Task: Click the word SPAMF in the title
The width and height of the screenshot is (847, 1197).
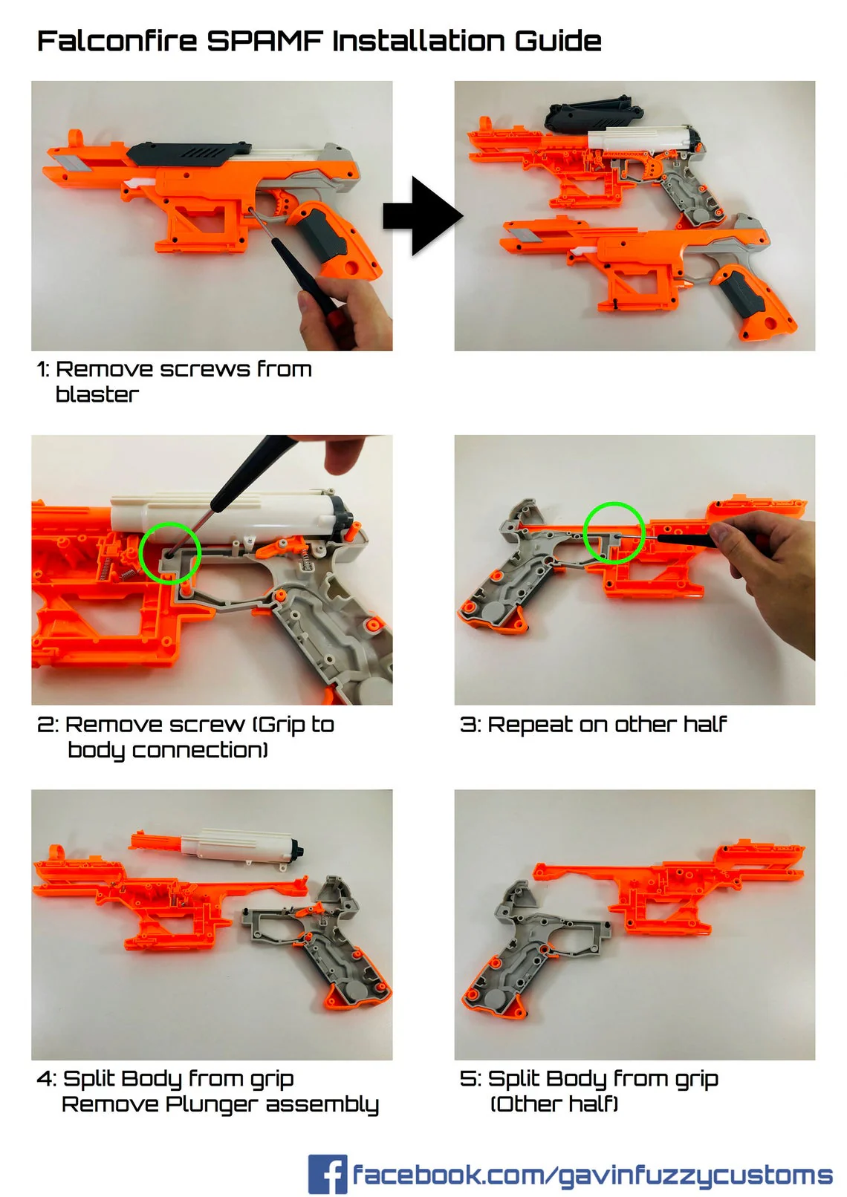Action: tap(265, 41)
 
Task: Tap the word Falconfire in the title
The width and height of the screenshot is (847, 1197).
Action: tap(117, 41)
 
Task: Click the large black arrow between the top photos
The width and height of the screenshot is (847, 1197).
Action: tap(423, 216)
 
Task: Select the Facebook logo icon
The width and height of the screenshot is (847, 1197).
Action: tap(327, 1173)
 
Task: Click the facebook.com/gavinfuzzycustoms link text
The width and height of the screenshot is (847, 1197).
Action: tap(592, 1175)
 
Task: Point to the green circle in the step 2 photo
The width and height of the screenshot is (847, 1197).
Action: tap(170, 552)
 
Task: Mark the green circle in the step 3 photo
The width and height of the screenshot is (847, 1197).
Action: tap(614, 532)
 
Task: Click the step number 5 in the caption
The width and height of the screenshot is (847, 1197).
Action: tap(467, 1079)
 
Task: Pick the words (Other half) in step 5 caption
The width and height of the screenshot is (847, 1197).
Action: tap(554, 1104)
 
